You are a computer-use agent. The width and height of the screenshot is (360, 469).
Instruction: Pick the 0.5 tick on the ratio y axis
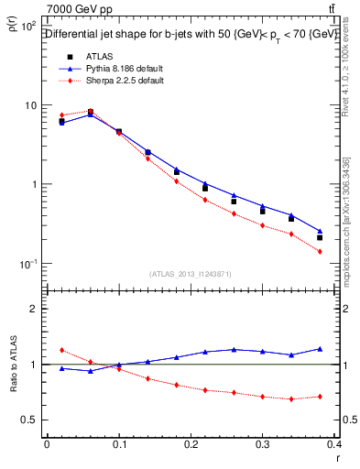pos(28,420)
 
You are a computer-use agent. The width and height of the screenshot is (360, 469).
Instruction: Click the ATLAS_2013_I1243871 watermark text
pos(191,274)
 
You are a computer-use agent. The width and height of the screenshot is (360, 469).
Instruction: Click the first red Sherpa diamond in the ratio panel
pos(61,350)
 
